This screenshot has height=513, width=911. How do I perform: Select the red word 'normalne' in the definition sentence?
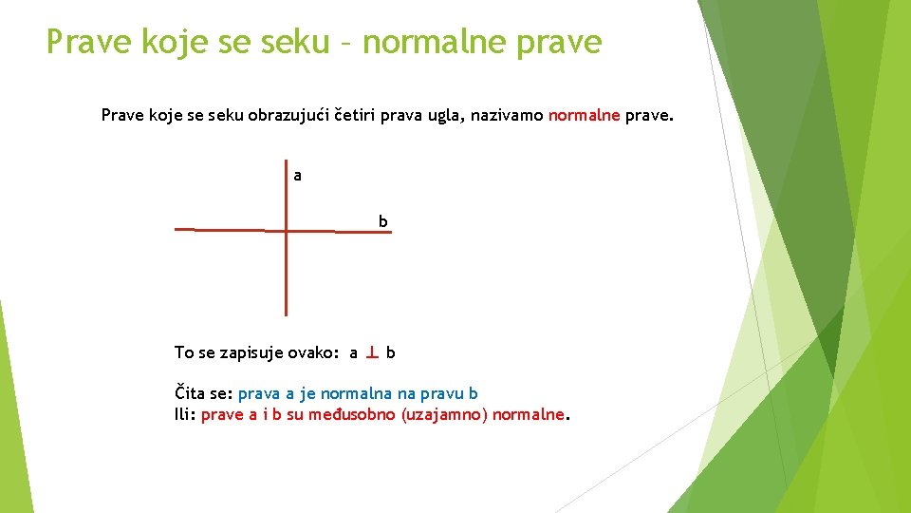(584, 116)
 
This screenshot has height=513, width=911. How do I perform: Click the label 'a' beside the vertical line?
(298, 176)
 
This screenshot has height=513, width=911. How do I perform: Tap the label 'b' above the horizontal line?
(383, 221)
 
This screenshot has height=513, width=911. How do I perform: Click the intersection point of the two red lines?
(286, 230)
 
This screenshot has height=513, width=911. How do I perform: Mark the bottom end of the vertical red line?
(286, 313)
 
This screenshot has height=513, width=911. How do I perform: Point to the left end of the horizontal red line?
(177, 229)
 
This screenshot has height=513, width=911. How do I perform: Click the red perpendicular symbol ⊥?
(372, 352)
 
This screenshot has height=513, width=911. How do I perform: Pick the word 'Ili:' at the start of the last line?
(185, 415)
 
